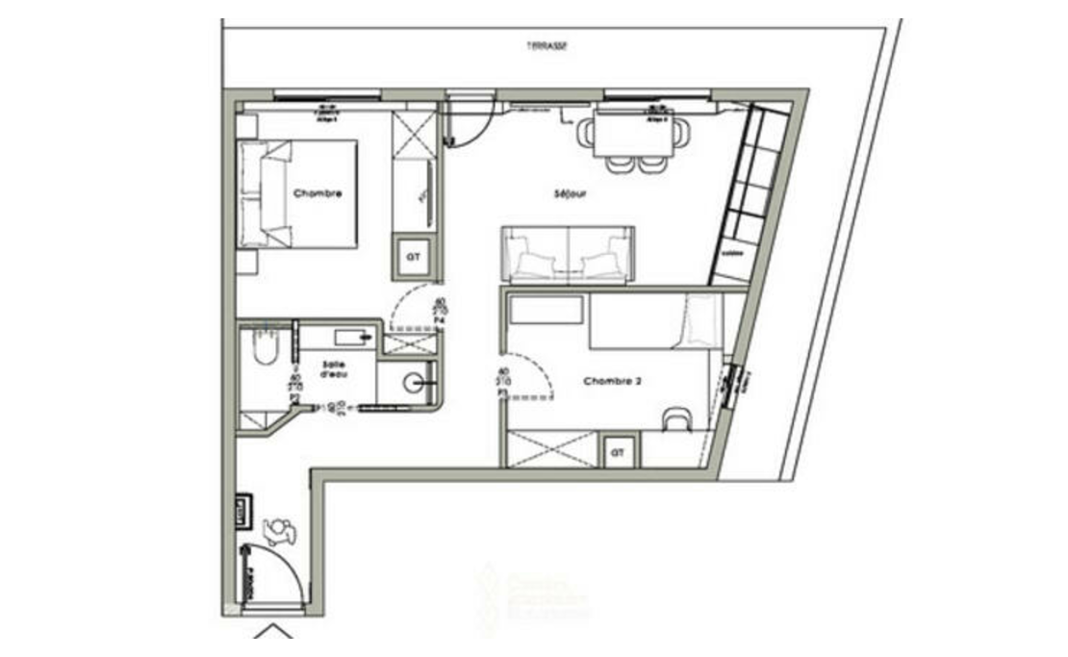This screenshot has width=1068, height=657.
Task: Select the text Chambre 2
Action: point(613,381)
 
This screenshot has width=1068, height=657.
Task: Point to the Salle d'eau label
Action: point(334,369)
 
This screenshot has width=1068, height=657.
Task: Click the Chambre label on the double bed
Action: point(318,193)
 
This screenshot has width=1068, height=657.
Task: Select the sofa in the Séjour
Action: point(567,254)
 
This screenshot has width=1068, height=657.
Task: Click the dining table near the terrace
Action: point(632,135)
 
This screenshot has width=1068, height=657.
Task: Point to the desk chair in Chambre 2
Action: point(677,418)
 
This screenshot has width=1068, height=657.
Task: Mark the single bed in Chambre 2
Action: point(654,321)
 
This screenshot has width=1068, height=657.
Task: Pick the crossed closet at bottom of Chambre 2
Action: point(551,449)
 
